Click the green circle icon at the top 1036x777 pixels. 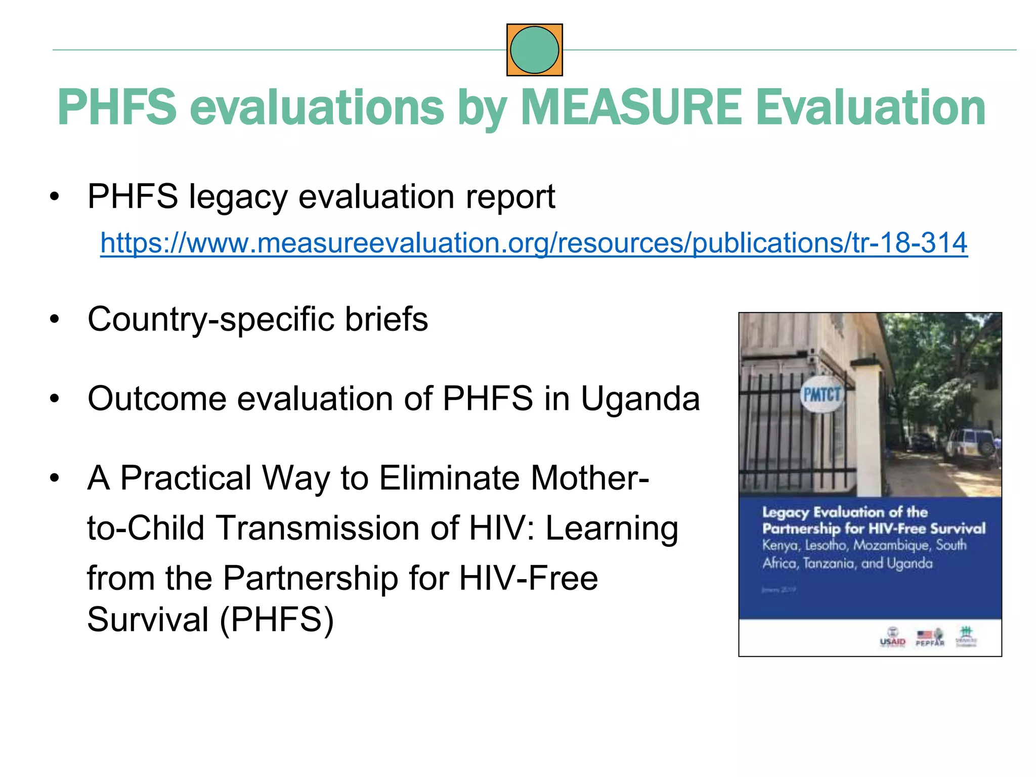tap(534, 50)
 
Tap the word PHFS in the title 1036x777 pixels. tap(117, 107)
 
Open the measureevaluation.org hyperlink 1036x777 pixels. tap(534, 243)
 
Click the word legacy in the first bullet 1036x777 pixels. tap(238, 197)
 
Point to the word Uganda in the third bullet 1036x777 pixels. tap(640, 399)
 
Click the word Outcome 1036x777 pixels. tap(156, 399)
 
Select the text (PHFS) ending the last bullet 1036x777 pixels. tap(276, 620)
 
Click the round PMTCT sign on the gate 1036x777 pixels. tap(822, 395)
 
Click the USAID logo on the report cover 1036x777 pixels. tap(892, 637)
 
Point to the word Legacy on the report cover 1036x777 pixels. tap(786, 512)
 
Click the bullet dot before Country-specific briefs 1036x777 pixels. tap(55, 320)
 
